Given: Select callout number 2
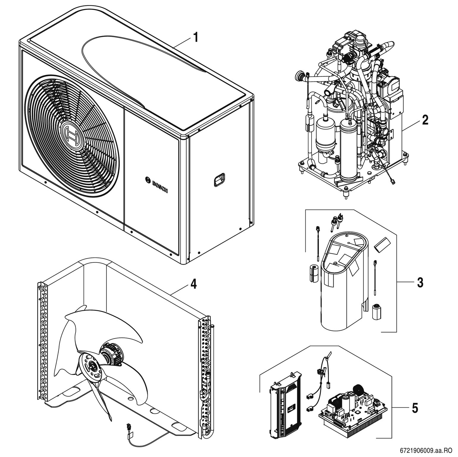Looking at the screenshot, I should [x=425, y=120].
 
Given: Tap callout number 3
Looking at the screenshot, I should [x=420, y=283].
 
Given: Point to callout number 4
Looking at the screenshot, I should [x=193, y=284].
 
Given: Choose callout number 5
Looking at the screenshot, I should [x=415, y=408].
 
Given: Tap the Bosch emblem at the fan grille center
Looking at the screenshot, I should [x=72, y=136].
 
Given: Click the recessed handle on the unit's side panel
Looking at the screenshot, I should [x=219, y=179].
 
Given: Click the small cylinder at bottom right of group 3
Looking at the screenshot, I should [x=377, y=311].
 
